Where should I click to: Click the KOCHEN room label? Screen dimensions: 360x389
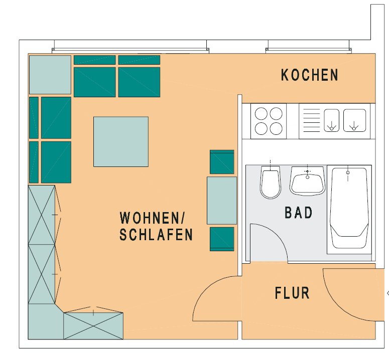click(x=309, y=75)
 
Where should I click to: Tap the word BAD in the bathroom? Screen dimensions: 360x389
click(x=299, y=213)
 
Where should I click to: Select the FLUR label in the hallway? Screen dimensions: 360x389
click(x=292, y=293)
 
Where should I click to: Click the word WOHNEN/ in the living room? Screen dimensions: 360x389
click(x=153, y=218)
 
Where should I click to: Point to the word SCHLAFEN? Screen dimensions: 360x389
click(x=156, y=235)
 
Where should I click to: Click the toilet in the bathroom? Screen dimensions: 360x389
click(x=270, y=184)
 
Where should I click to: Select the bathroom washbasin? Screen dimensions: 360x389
click(x=307, y=182)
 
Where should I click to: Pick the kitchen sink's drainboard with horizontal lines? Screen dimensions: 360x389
click(x=311, y=121)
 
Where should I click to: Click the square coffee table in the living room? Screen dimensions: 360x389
click(x=120, y=141)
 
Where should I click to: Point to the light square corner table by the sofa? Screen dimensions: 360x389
click(x=50, y=75)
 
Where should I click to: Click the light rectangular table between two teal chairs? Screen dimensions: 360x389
click(x=221, y=200)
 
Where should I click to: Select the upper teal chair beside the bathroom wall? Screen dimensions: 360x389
click(x=221, y=161)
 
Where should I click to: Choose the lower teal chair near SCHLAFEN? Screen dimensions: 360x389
click(x=221, y=238)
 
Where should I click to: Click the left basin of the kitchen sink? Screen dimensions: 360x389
click(x=332, y=121)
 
